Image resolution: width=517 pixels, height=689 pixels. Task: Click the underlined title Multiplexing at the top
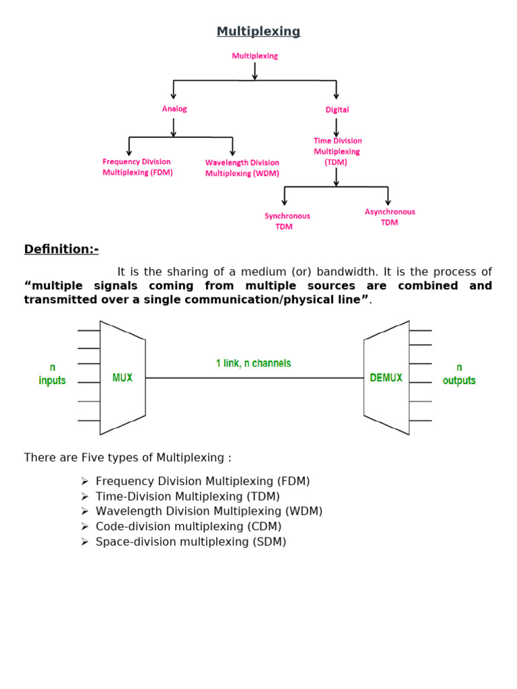pos(258,32)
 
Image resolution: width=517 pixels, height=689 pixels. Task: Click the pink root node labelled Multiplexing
pos(254,57)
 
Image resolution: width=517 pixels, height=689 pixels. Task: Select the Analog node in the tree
pos(174,108)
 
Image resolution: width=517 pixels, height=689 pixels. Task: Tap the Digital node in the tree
pos(337,110)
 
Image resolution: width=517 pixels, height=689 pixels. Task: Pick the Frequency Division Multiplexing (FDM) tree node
pos(137,167)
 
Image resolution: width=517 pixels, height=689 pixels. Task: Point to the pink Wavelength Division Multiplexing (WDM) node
pos(242,168)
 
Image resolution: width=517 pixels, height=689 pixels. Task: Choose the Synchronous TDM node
pos(287,221)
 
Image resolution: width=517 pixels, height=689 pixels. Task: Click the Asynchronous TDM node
pos(390,217)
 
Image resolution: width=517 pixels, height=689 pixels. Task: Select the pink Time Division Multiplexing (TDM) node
pos(337,151)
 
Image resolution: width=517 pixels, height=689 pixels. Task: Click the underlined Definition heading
pos(61,250)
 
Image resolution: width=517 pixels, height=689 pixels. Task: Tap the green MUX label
pos(123,378)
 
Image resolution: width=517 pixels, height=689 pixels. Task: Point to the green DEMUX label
pos(386,378)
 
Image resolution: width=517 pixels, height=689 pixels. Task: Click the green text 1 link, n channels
pos(254,363)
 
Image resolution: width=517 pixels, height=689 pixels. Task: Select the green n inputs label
pos(52,374)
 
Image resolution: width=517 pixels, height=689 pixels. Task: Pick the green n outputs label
pos(459,374)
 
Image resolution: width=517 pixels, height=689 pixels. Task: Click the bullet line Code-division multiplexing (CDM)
pos(188,527)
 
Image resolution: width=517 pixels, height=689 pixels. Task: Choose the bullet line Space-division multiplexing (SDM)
pos(191,542)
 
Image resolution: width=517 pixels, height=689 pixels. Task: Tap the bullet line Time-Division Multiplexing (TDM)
pos(187,497)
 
